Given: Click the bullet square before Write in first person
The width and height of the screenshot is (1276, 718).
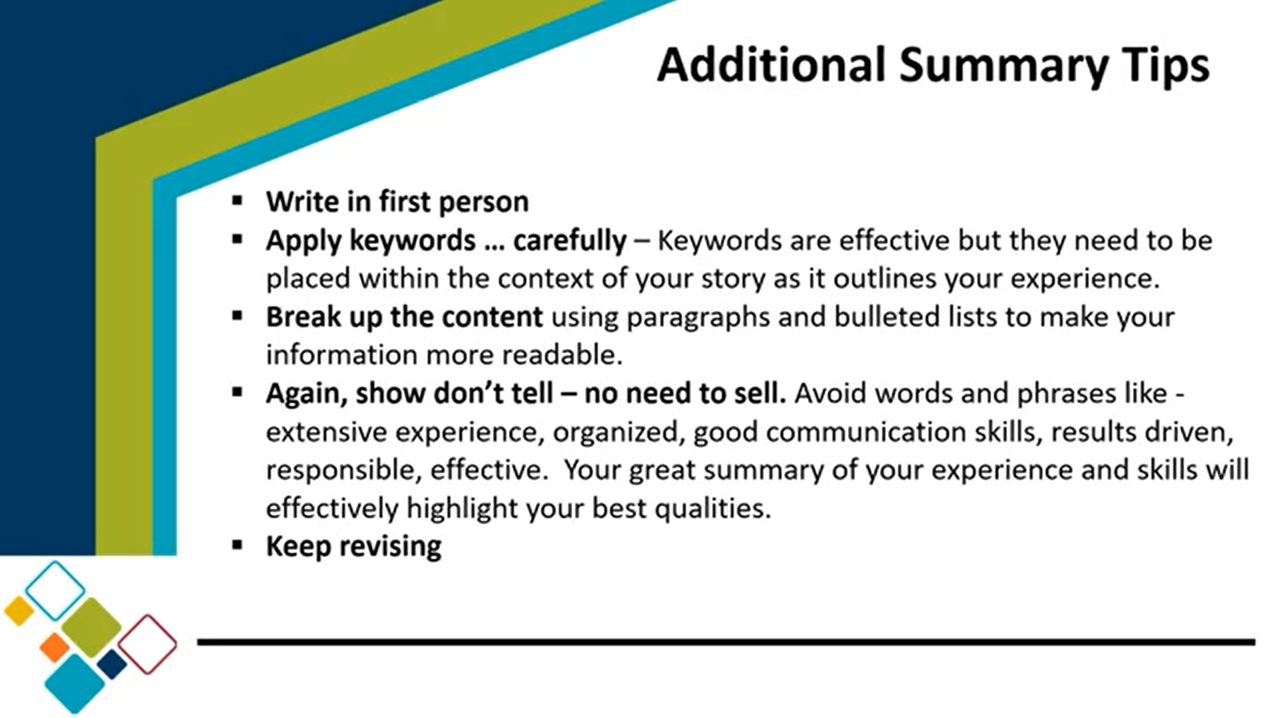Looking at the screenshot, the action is click(238, 200).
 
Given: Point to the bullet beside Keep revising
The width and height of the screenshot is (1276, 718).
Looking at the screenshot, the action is click(238, 545).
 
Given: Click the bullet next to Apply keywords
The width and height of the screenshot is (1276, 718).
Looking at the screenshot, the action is click(238, 239).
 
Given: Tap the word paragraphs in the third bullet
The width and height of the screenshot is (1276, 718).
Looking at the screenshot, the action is click(698, 318).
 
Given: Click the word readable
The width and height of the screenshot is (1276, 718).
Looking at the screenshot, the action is click(562, 354).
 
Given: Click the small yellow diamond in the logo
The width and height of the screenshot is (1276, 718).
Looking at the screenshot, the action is click(19, 611).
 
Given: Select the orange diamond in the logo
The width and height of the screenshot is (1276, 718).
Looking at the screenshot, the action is click(54, 648).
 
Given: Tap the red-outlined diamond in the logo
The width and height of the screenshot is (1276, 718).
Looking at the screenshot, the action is click(148, 644).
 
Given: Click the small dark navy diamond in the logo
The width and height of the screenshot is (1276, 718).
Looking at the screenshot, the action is click(112, 664).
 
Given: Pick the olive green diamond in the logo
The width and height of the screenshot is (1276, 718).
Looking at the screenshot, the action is click(91, 628).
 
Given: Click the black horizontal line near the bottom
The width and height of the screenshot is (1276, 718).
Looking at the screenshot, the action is click(726, 642).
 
